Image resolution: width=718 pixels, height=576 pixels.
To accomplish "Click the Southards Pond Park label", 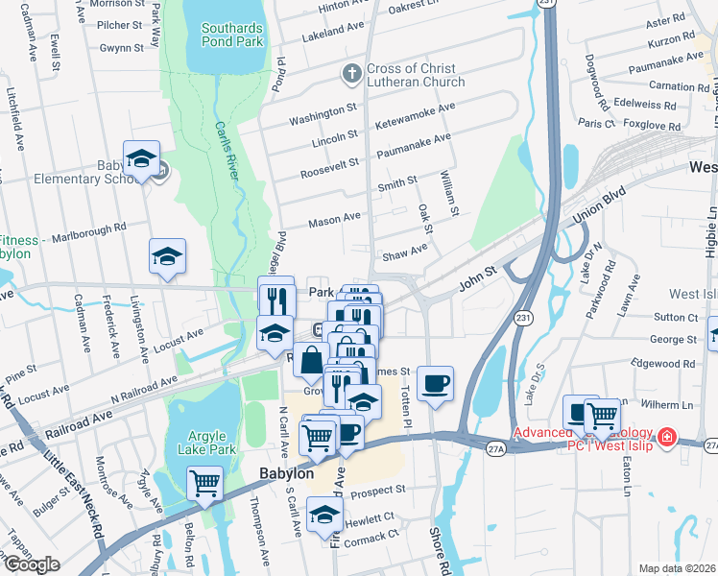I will (x=231, y=36).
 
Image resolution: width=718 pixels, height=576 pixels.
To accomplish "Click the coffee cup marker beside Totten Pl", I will (x=435, y=383).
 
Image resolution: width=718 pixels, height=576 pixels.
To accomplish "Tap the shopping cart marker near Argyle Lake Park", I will (x=204, y=483).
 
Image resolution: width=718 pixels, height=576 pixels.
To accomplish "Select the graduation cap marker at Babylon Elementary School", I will (x=142, y=158).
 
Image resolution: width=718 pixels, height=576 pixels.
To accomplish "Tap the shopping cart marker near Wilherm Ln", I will (x=602, y=415).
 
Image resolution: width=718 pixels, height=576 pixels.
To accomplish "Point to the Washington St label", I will (x=323, y=119).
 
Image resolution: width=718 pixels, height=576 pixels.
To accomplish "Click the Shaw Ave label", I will (x=404, y=255).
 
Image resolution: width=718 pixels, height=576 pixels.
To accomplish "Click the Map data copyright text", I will (x=676, y=568).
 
